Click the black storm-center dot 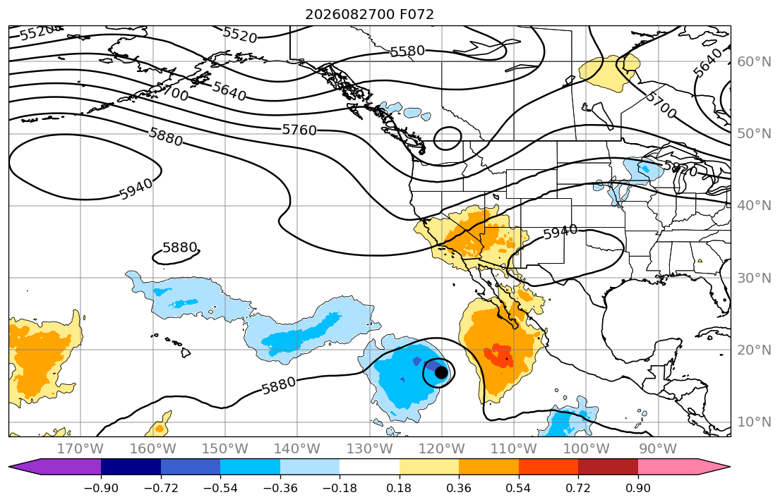click(x=440, y=372)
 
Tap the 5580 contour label click(x=407, y=51)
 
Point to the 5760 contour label click(x=299, y=130)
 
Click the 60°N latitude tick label click(x=754, y=61)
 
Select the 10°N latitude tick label click(x=754, y=422)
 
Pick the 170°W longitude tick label click(x=80, y=449)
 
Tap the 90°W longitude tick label click(x=658, y=449)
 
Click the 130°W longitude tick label click(x=369, y=449)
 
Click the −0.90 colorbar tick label click(x=101, y=488)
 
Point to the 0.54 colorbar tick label click(x=518, y=488)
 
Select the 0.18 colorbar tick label click(x=399, y=488)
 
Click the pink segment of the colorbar click(x=668, y=467)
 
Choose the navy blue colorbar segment click(x=131, y=467)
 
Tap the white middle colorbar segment click(x=369, y=467)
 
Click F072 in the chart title click(x=417, y=14)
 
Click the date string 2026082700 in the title click(x=350, y=14)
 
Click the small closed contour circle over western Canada click(x=448, y=138)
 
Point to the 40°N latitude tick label click(x=754, y=206)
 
